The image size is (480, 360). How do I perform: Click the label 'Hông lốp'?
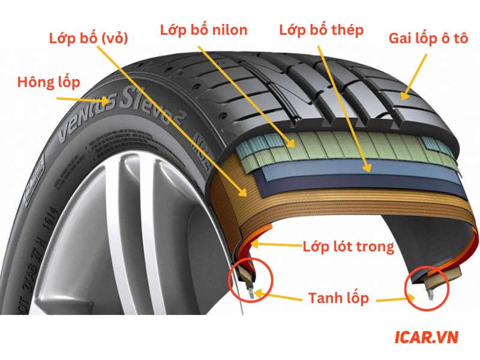49,82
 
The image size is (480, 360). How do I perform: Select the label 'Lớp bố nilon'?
203,30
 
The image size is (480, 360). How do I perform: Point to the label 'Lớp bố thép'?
321,30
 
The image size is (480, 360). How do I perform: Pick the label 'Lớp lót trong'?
348,246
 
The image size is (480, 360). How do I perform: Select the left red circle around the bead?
251,278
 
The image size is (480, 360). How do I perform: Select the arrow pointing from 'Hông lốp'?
96,97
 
